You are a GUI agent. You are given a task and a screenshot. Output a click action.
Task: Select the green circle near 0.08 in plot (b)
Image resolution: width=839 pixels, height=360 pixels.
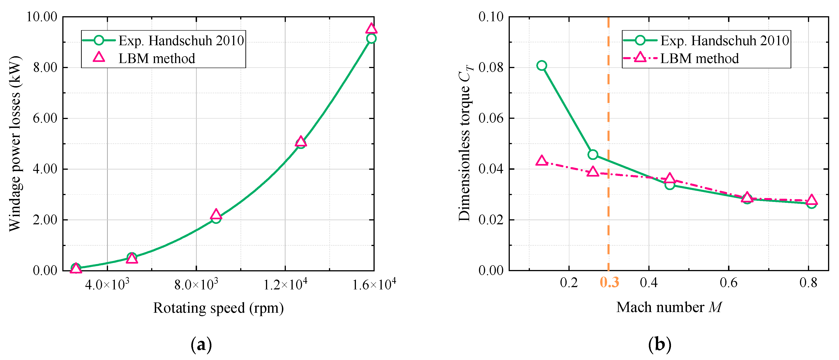pos(541,66)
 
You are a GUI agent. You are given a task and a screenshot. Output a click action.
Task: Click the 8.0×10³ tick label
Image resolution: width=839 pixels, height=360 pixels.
pos(196,285)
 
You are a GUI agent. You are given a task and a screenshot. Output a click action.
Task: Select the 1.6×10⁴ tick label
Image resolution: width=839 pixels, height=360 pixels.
pos(374,285)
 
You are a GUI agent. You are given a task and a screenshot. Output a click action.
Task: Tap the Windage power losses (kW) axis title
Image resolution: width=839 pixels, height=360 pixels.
pos(15,143)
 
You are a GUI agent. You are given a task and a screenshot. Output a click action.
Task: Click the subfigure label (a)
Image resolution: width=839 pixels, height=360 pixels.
pos(201,345)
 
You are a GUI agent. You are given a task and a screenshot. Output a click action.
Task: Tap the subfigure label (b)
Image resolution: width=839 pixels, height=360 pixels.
pos(660,345)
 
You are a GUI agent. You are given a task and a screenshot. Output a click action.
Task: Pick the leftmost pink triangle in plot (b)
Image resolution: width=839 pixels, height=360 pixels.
pos(541,161)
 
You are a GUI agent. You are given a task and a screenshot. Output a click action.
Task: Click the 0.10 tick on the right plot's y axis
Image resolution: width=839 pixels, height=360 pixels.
pos(491,17)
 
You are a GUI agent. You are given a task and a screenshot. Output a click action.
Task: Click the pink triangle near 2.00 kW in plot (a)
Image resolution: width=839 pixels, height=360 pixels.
pos(216,214)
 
